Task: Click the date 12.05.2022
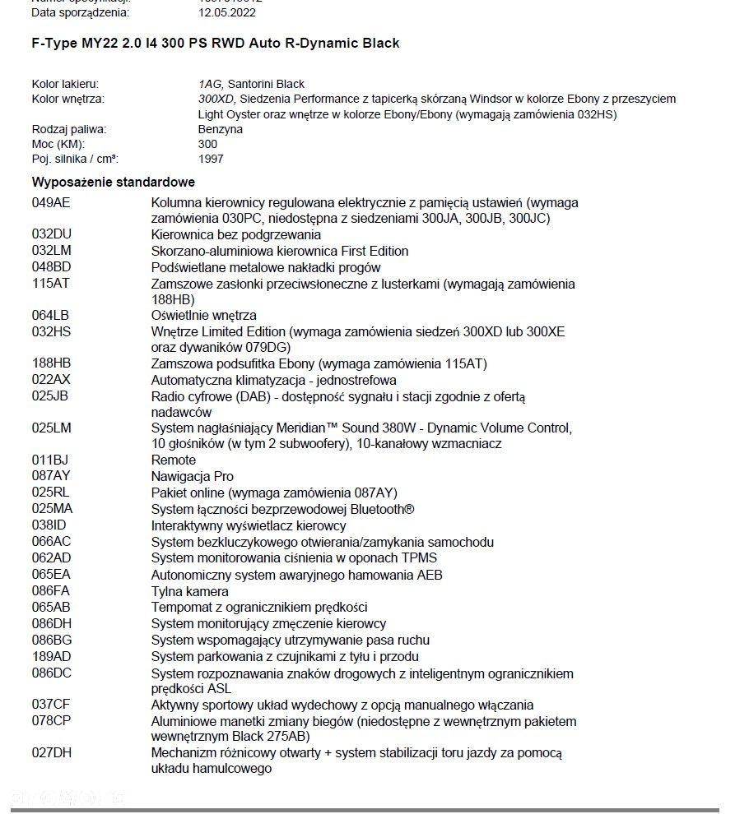coord(227,12)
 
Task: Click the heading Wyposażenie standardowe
coord(114,183)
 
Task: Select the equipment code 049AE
coord(52,202)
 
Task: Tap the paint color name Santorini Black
coord(266,84)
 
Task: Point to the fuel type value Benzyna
coord(221,129)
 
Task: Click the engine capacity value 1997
coord(211,159)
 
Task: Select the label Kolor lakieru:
coord(66,84)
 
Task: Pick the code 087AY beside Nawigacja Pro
coord(51,476)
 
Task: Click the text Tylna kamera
coord(190,591)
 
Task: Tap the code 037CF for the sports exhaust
coord(51,705)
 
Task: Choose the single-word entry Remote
coord(174,460)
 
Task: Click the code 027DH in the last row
coord(52,752)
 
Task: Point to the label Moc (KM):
coord(58,144)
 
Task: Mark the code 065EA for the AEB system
coord(51,575)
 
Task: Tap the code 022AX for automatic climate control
coord(51,380)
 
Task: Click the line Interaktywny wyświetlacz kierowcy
coord(249,525)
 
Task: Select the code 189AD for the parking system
coord(52,656)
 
